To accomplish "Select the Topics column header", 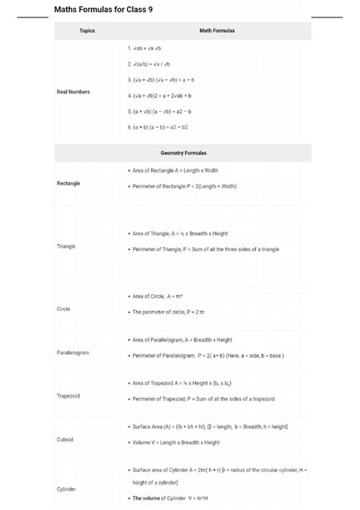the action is click(87, 31).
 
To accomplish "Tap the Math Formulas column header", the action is click(216, 31).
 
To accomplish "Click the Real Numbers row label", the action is click(73, 92).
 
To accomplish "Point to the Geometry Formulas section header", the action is click(183, 153).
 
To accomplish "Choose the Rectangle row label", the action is click(68, 183).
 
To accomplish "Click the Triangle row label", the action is click(66, 246).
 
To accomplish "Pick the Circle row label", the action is click(63, 309).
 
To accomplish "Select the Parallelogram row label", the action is click(73, 353).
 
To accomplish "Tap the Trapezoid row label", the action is click(68, 396).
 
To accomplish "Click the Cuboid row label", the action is click(65, 439).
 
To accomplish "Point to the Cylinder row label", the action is click(66, 489).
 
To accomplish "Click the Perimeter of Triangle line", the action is click(205, 249).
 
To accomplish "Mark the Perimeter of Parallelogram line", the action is click(207, 355).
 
